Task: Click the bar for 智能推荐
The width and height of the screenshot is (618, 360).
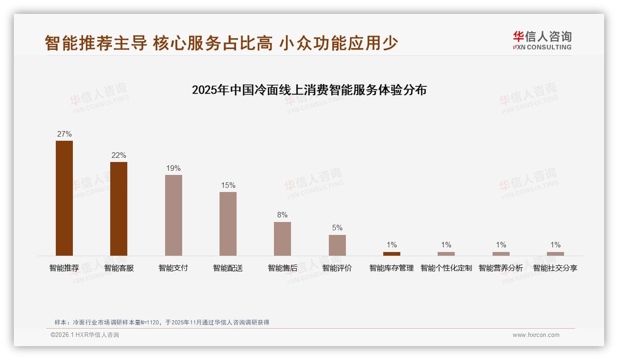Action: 64,198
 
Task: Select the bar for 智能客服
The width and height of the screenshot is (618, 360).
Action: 119,209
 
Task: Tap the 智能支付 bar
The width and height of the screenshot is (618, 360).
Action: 173,215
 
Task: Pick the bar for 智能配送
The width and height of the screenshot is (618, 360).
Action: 228,224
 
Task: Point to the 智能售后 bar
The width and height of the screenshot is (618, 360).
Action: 282,239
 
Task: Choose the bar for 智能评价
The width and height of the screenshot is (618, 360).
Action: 337,245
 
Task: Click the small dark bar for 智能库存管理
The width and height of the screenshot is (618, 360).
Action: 392,253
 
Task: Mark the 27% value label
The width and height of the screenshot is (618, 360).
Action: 64,134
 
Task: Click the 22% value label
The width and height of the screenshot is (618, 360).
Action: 119,156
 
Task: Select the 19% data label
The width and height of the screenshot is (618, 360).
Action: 173,168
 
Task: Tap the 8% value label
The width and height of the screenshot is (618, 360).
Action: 282,215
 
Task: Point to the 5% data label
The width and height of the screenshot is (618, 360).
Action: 337,228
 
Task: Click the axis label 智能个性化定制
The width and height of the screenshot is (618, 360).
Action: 446,268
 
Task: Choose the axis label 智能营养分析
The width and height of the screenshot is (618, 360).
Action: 501,268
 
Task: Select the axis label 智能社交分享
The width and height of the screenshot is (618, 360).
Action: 555,268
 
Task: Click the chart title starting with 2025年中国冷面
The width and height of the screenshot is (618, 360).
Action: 309,90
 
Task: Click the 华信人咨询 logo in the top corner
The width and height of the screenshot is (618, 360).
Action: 542,40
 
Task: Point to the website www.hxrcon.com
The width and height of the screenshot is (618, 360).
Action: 536,335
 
